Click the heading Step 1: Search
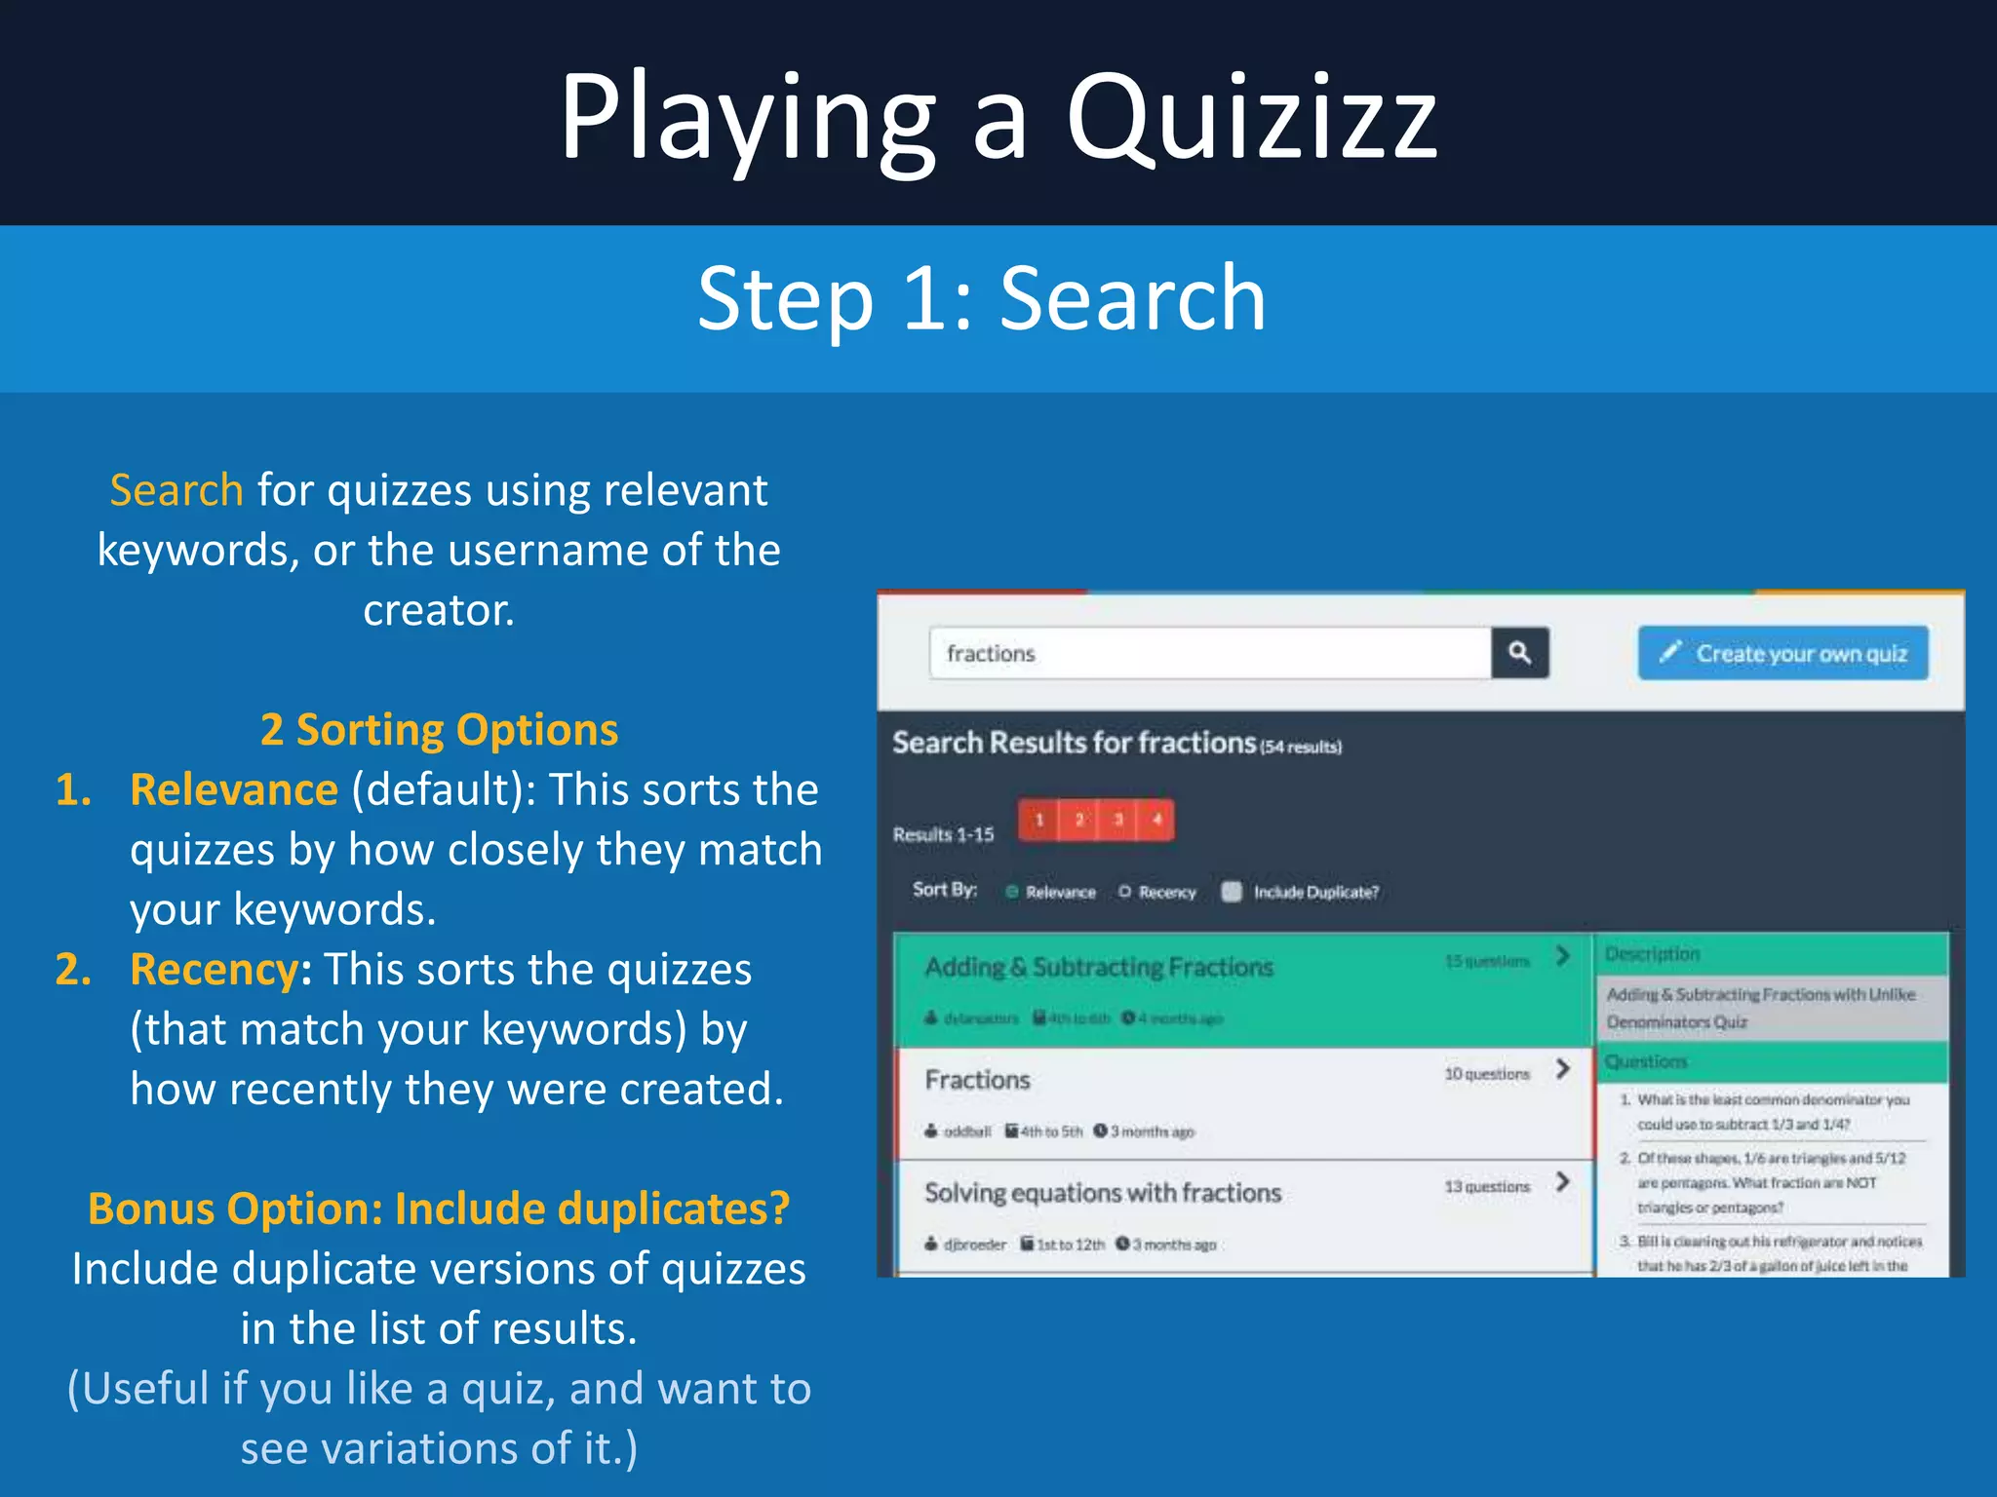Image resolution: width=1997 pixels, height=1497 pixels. (x=981, y=298)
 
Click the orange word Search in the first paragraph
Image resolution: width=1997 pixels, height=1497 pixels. (x=176, y=489)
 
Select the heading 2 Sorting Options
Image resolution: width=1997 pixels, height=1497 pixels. (x=439, y=729)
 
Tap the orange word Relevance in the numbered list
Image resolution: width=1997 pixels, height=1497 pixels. (x=234, y=789)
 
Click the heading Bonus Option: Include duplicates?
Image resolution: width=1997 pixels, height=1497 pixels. (x=439, y=1209)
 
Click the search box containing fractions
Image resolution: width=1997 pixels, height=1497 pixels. (x=1209, y=653)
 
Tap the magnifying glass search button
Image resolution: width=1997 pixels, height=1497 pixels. (x=1519, y=653)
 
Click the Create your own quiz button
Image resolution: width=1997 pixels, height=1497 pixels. (x=1782, y=653)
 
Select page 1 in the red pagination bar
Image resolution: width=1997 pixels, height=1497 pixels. (x=1039, y=820)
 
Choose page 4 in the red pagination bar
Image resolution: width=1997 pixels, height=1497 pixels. (x=1156, y=820)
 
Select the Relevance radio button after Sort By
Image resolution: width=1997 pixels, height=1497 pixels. (x=1012, y=892)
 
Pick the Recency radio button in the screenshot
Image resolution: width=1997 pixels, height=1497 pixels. (x=1125, y=892)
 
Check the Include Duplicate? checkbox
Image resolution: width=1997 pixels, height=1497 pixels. (x=1232, y=892)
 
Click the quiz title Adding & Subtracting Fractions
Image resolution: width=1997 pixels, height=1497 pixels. (x=1099, y=967)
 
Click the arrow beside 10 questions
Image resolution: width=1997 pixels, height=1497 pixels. (x=1563, y=1069)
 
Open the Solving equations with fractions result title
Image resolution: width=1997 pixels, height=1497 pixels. (x=1103, y=1193)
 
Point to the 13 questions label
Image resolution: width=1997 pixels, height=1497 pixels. (x=1487, y=1187)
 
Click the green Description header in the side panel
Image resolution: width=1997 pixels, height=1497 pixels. (x=1652, y=954)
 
